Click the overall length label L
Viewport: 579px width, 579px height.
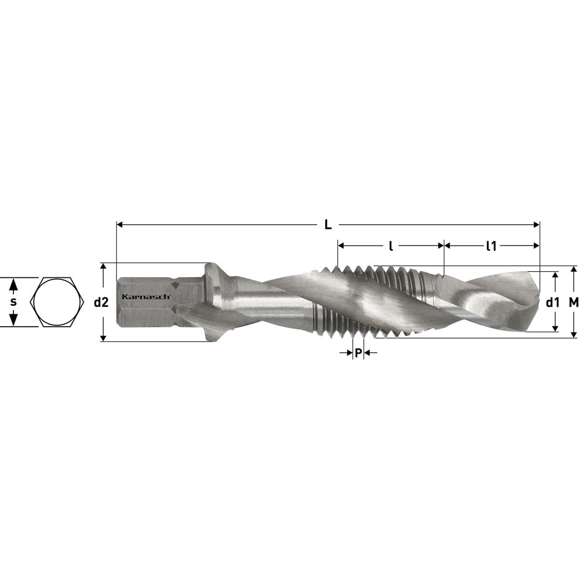[328, 225]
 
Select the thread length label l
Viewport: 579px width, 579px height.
[391, 246]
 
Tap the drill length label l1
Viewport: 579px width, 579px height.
[492, 246]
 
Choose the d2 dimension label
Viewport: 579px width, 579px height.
[101, 303]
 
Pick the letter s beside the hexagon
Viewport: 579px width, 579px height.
[13, 302]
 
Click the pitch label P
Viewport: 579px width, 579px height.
[358, 353]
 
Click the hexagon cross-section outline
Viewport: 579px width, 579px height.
[57, 302]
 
